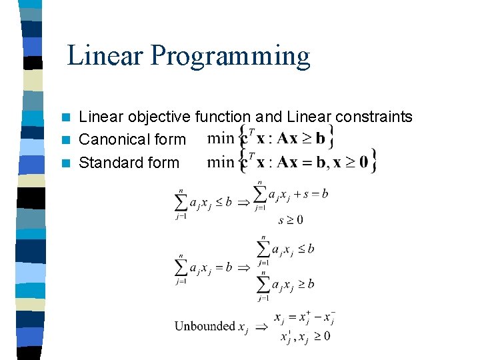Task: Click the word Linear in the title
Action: point(105,56)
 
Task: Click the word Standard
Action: point(109,163)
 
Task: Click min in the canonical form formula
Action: point(221,139)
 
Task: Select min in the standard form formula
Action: point(221,161)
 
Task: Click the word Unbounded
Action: point(205,326)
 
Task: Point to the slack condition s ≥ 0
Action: point(291,220)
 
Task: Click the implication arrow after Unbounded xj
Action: point(261,327)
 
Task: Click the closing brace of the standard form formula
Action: point(375,161)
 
